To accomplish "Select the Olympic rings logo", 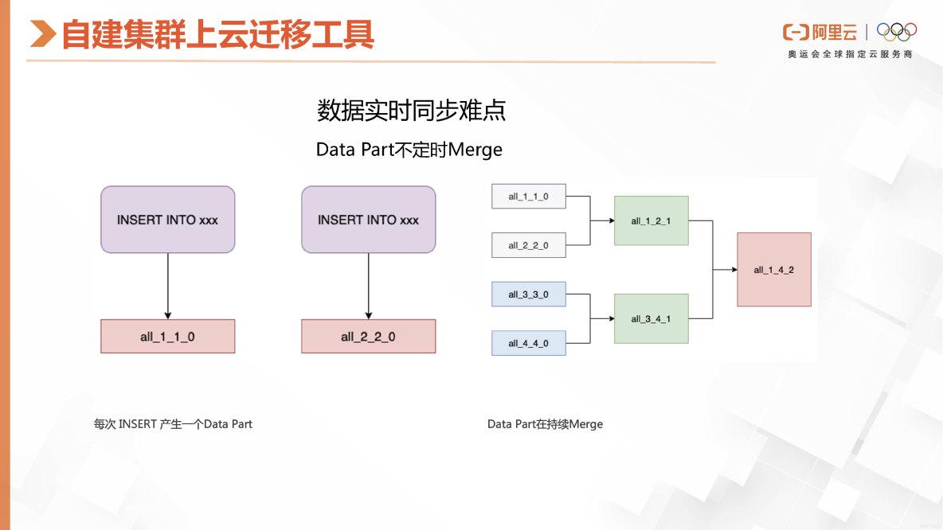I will click(897, 32).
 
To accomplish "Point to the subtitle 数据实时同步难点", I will click(411, 111).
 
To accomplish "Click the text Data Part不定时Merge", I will click(409, 149).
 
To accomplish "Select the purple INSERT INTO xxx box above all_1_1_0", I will click(168, 220).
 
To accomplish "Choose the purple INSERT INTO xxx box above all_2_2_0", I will click(368, 220).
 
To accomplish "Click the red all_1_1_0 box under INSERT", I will click(168, 337).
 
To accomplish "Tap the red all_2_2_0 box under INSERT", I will click(368, 337).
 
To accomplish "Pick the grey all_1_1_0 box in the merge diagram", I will click(529, 197).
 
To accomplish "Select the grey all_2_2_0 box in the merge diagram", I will click(529, 246).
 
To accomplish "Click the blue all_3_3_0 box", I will click(529, 294).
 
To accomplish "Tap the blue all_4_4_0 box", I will click(529, 343).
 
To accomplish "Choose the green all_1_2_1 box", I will click(651, 220).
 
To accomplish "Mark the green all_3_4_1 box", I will click(651, 318).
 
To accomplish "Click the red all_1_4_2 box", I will click(773, 270).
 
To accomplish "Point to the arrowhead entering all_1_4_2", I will click(734, 270).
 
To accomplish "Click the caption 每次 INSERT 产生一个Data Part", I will click(173, 424).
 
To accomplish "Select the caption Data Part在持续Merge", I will click(545, 424).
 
